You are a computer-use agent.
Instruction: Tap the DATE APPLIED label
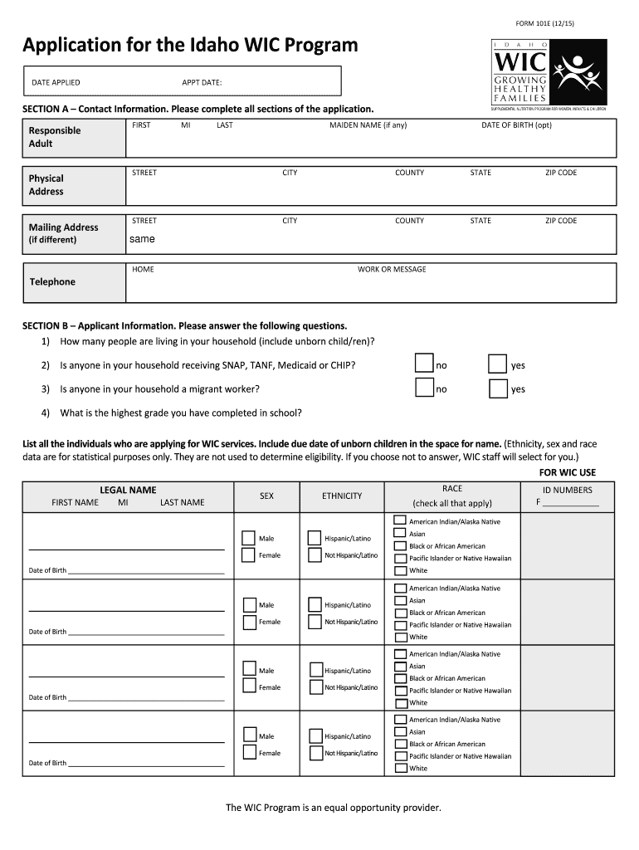coord(56,82)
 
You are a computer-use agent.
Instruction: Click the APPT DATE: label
coord(202,82)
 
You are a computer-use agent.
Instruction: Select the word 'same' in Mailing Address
coord(142,239)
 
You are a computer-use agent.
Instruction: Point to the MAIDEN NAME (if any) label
coord(368,125)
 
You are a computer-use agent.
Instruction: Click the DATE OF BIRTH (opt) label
coord(516,125)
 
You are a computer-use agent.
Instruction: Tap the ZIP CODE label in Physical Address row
coord(560,173)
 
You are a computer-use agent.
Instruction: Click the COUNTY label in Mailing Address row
coord(409,221)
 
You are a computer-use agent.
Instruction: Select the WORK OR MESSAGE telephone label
coord(392,269)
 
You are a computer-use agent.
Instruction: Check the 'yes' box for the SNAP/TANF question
coord(497,364)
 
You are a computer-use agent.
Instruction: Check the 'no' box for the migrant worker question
coord(424,388)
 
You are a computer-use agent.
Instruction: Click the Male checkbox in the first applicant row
coord(249,538)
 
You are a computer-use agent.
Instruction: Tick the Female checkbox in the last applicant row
coord(249,752)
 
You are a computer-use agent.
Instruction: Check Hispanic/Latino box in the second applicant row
coord(315,604)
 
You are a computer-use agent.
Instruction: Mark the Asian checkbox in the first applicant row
coord(400,534)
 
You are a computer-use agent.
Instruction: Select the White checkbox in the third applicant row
coord(400,702)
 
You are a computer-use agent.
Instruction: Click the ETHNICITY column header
coord(342,496)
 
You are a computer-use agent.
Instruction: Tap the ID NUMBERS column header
coord(567,490)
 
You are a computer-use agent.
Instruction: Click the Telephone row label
coord(52,281)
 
